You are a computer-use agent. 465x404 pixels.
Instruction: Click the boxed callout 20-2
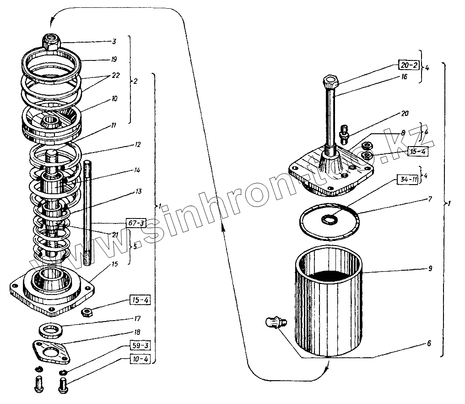tap(408, 65)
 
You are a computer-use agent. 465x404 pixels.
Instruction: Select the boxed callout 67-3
tap(136, 224)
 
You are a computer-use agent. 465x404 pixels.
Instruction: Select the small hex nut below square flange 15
tap(87, 313)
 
